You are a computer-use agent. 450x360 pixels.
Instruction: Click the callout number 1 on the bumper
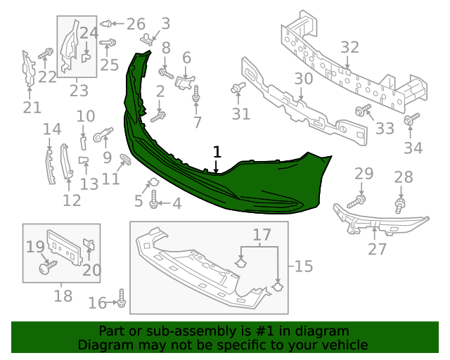(x=217, y=152)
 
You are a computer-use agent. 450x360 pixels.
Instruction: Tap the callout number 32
(x=349, y=48)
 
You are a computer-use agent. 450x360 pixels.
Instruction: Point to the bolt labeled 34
(x=409, y=122)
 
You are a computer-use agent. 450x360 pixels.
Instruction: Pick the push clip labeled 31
(x=236, y=89)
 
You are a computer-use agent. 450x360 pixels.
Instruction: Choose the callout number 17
(x=262, y=234)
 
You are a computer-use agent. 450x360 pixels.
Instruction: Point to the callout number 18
(x=63, y=296)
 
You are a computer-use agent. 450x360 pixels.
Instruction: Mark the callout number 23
(x=78, y=90)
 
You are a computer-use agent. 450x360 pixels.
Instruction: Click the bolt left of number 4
(x=155, y=204)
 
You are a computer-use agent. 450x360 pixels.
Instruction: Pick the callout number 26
(x=135, y=24)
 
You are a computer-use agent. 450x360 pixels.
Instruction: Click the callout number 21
(x=32, y=107)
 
